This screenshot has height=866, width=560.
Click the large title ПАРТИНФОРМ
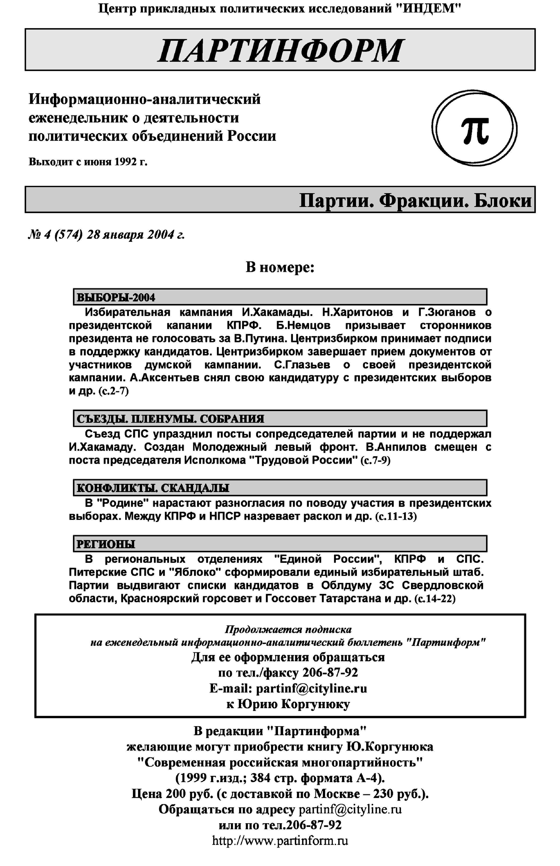[280, 50]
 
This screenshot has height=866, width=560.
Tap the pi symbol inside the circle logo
[475, 129]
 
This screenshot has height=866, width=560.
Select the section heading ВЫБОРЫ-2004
[116, 297]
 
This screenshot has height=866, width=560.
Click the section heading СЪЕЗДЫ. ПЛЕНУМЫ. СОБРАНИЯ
[170, 419]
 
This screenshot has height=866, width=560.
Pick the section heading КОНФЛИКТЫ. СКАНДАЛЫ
[153, 488]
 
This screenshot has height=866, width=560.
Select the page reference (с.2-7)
[113, 391]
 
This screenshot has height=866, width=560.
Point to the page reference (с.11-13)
[396, 516]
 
